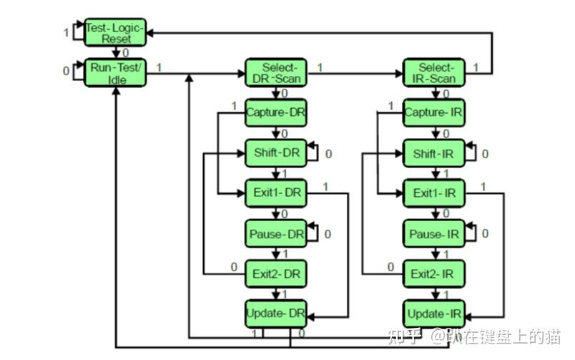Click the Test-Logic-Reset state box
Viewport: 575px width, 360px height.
[115, 33]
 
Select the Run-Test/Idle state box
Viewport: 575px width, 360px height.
[115, 73]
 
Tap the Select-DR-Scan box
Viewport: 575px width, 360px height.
[276, 73]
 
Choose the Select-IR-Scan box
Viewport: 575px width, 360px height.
[434, 73]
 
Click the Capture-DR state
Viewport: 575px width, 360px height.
[276, 112]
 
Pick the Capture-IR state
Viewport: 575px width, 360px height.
[434, 112]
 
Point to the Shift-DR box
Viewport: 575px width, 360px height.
[276, 153]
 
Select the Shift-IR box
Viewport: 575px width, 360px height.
[434, 153]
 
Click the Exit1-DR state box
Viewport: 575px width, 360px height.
[276, 193]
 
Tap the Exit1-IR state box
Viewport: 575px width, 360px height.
[434, 193]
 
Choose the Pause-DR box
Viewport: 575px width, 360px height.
[276, 234]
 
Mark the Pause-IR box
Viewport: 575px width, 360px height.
[434, 234]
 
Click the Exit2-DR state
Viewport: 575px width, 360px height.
[276, 274]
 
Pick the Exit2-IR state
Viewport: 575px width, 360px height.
[434, 274]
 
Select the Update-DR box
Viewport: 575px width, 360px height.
[276, 313]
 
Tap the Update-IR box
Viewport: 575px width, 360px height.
[434, 313]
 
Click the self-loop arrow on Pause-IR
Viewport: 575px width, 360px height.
[476, 233]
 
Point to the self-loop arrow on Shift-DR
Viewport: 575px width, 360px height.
[318, 152]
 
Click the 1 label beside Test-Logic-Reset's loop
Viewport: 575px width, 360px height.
[66, 33]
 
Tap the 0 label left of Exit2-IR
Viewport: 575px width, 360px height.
[391, 267]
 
